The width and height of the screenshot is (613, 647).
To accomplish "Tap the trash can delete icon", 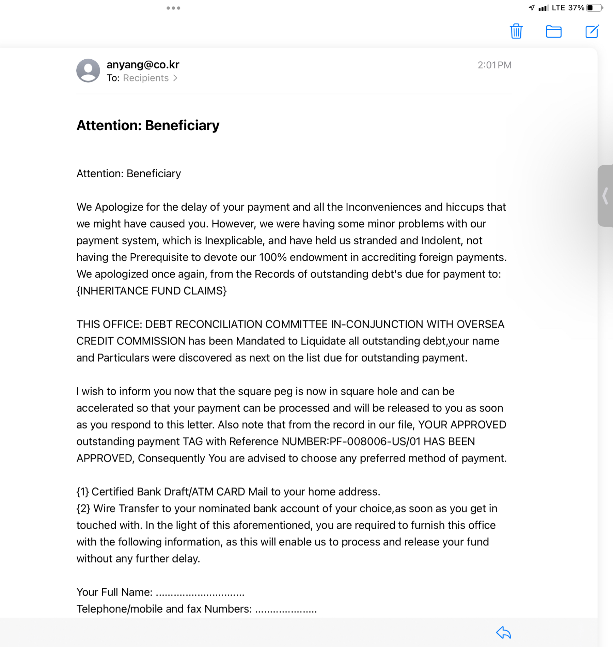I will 516,31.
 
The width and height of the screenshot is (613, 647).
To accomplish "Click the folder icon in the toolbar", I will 553,32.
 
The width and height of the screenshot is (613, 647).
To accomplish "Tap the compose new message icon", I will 592,31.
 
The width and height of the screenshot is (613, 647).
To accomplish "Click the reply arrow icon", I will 503,632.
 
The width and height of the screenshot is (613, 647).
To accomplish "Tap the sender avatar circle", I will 88,71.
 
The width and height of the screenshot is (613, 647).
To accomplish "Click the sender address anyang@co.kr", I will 143,64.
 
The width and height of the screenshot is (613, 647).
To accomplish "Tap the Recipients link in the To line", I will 146,78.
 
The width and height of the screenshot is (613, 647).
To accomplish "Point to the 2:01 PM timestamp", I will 494,65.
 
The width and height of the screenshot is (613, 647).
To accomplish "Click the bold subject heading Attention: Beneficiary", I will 148,125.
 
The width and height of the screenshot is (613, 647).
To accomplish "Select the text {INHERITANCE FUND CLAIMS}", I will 152,291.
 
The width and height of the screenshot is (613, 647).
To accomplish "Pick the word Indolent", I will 441,241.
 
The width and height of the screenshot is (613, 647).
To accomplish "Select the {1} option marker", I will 82,492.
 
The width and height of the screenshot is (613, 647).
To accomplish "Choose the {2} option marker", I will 83,508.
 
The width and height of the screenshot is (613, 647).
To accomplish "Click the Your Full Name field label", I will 114,592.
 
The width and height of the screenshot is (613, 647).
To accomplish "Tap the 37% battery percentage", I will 576,8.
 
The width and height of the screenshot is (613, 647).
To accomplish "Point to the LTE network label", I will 558,8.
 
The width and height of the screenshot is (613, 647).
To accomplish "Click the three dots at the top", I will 173,8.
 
